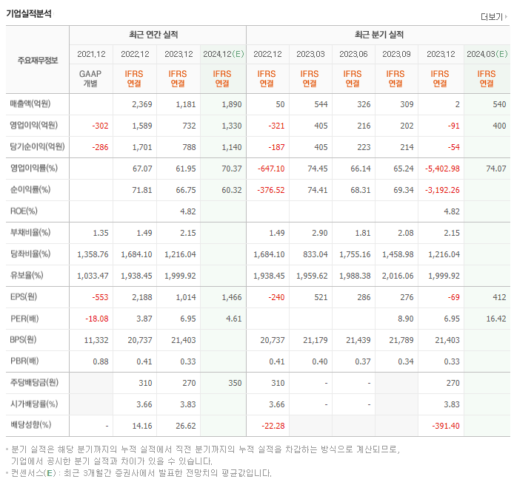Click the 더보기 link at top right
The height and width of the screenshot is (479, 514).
492,16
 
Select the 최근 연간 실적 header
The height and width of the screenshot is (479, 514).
158,35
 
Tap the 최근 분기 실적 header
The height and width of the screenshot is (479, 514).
378,35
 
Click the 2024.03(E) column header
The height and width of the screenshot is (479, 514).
487,54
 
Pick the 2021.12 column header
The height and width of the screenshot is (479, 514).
91,54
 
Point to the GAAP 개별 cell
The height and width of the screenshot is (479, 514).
91,78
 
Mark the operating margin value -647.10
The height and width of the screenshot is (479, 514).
269,169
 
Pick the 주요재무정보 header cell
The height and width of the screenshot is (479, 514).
38,60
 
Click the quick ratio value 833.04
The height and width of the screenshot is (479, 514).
312,254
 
